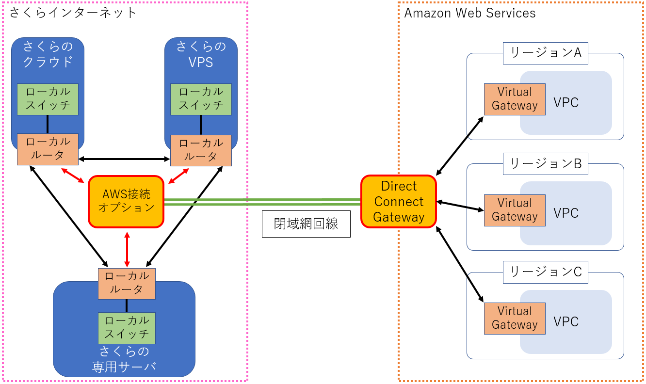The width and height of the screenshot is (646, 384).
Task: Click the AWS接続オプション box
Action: pos(126,201)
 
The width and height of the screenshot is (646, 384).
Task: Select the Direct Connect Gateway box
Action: pos(399,202)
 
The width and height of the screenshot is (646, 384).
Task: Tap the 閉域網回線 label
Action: pos(306,224)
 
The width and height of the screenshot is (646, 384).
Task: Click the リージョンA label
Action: pos(546,53)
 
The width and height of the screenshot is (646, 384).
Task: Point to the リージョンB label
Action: pos(546,163)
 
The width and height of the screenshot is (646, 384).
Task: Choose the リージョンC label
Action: pos(546,272)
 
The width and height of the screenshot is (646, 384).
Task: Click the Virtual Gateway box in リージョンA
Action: pos(515,99)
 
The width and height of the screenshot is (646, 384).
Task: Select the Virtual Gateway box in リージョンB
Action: pos(515,210)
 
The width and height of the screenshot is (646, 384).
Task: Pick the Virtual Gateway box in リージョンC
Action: pos(515,318)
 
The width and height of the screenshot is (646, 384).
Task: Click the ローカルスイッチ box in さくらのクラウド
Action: pos(48,99)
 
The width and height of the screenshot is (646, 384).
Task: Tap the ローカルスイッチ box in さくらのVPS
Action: pos(201,99)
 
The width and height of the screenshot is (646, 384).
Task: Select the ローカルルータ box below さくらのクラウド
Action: pos(48,149)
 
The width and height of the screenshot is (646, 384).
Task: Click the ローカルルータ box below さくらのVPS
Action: pos(201,150)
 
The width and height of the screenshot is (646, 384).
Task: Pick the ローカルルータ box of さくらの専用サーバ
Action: pos(127,283)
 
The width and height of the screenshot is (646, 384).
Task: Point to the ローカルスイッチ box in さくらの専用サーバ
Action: pos(127,328)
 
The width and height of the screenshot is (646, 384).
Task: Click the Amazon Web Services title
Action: pos(470,13)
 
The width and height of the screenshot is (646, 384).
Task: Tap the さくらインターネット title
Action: pos(73,13)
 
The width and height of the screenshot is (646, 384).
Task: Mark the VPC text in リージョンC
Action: pos(566,322)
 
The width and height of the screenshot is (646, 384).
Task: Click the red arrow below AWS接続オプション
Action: pos(127,249)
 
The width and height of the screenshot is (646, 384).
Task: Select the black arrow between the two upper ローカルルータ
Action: pos(125,159)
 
